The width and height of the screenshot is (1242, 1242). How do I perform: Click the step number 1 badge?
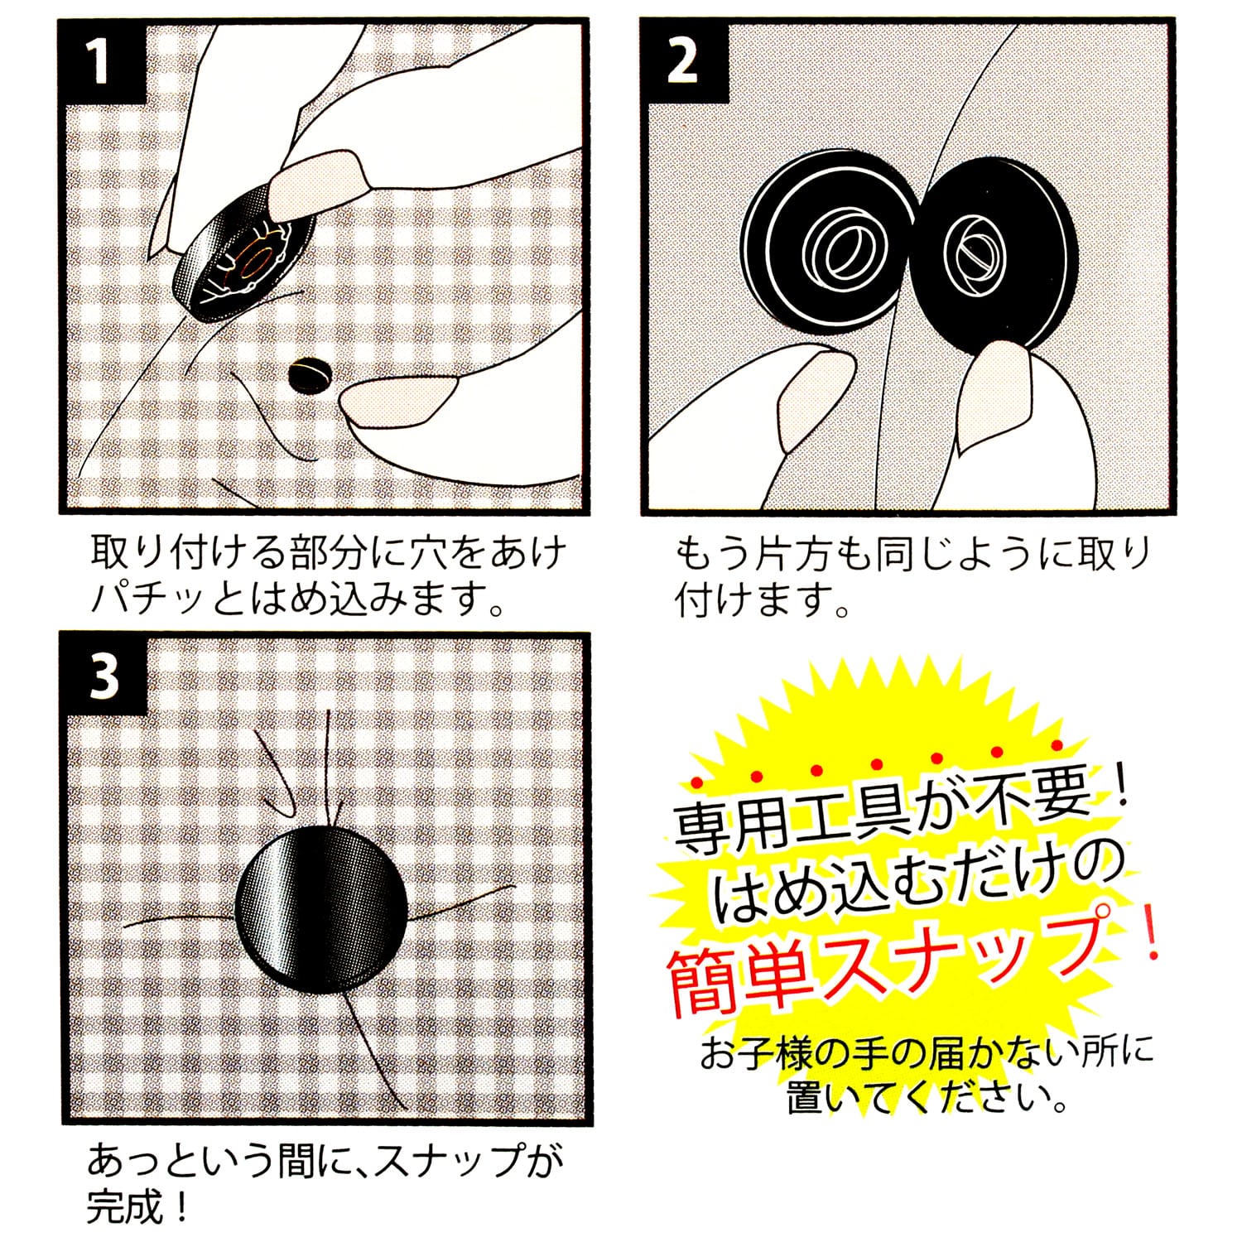click(100, 62)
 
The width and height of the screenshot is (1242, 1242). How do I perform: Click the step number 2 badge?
click(683, 62)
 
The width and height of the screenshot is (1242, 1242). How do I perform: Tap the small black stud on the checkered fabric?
click(309, 375)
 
